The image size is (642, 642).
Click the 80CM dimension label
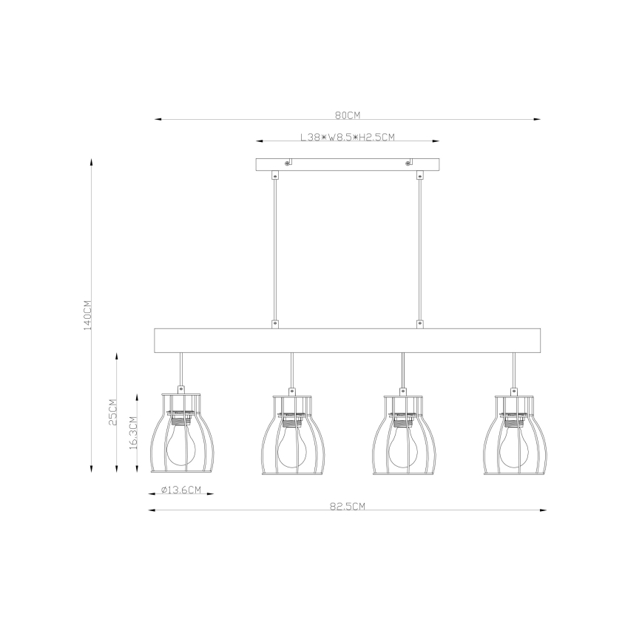347,115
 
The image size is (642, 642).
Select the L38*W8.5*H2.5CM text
348,137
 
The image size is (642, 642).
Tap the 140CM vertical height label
86,314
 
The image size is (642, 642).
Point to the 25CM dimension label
113,413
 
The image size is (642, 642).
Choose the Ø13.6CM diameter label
181,490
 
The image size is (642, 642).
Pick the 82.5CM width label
347,507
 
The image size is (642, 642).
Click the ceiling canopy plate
348,164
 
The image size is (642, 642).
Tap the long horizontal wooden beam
348,339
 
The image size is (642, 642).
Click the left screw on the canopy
288,163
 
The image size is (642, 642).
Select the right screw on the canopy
408,163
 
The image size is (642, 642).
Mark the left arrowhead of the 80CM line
158,119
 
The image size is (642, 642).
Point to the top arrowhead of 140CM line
91,160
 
